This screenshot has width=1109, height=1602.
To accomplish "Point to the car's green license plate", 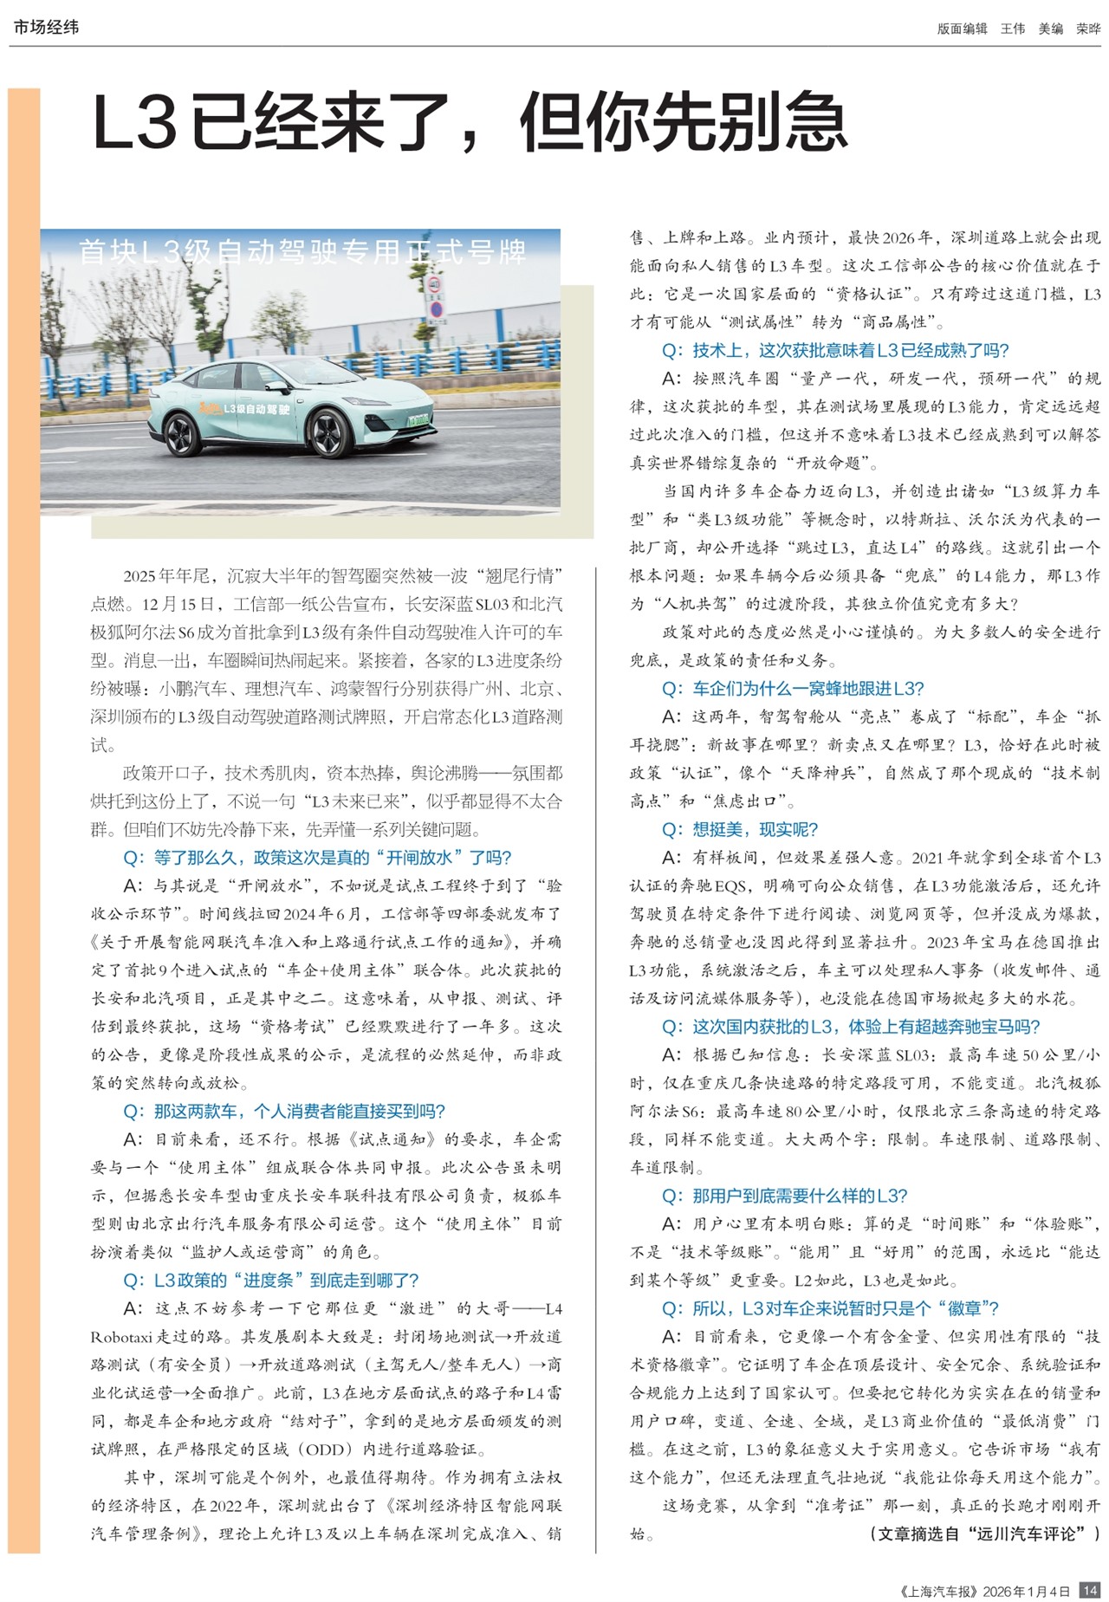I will pyautogui.click(x=419, y=420).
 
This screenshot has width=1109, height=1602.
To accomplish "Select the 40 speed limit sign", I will pyautogui.click(x=435, y=285).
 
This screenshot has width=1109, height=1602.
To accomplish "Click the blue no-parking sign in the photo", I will pyautogui.click(x=436, y=309).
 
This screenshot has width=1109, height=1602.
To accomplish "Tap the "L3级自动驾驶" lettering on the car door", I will pyautogui.click(x=256, y=408).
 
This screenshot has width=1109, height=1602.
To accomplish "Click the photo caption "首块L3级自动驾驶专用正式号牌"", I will pyautogui.click(x=302, y=251).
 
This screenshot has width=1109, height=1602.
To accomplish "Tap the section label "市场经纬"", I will pyautogui.click(x=46, y=28).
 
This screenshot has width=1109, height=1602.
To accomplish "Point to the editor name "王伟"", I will pyautogui.click(x=1013, y=29).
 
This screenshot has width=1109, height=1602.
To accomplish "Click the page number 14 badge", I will pyautogui.click(x=1090, y=1590).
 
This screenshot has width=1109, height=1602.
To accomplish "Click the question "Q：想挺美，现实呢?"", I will pyautogui.click(x=740, y=829).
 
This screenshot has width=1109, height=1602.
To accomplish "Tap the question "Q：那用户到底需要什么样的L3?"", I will pyautogui.click(x=784, y=1196).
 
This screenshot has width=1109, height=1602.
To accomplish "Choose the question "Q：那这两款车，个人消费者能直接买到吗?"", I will pyautogui.click(x=284, y=1111).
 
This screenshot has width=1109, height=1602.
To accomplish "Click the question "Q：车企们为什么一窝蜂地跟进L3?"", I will pyautogui.click(x=793, y=688).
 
